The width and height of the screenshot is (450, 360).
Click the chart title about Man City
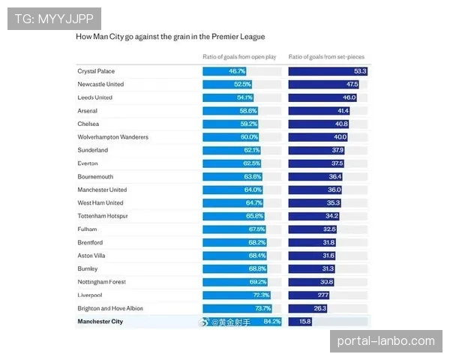click(170, 36)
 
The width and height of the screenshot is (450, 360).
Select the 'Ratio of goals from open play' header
click(240, 57)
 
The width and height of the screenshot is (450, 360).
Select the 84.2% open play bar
click(242, 322)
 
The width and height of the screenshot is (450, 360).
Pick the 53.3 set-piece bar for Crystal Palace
click(328, 70)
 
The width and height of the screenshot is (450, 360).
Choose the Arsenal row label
click(88, 110)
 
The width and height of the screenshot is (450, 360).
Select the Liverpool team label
click(91, 295)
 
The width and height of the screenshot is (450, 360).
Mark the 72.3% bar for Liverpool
click(236, 295)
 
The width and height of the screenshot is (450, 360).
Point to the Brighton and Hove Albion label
click(110, 308)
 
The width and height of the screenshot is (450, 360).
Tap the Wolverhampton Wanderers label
click(113, 137)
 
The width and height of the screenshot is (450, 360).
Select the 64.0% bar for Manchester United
click(233, 190)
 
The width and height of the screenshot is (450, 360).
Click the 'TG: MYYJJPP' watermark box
click(54, 19)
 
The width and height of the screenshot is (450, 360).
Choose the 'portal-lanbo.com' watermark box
click(386, 341)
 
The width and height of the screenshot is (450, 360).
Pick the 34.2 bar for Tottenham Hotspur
click(314, 216)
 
